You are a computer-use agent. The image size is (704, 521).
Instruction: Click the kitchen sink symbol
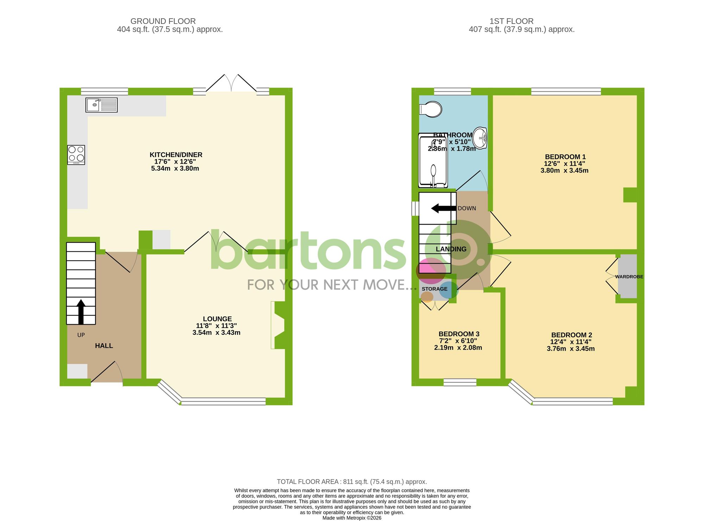point(101,105)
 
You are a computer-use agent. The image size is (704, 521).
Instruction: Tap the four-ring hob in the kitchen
point(76,155)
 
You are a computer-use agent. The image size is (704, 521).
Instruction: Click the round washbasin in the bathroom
point(480,138)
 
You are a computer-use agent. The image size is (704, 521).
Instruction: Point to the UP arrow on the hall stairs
point(81,312)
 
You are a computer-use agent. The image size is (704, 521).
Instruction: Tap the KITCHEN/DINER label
point(176,155)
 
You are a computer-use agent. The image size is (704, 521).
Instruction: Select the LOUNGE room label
point(217,319)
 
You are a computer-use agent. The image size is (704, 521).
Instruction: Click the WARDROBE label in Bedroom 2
point(629,277)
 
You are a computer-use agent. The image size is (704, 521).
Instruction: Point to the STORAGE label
point(434,289)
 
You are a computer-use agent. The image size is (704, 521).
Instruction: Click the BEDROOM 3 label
point(459,334)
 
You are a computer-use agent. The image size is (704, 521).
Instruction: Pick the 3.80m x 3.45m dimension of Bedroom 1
point(564,171)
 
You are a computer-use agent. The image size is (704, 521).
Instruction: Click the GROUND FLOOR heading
point(163,21)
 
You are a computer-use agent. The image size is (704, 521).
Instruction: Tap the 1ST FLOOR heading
point(511,21)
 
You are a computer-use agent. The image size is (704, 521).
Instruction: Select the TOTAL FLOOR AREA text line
point(352,482)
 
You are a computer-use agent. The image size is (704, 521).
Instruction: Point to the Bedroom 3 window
point(460,382)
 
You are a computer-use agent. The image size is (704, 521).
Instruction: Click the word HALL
point(104,346)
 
